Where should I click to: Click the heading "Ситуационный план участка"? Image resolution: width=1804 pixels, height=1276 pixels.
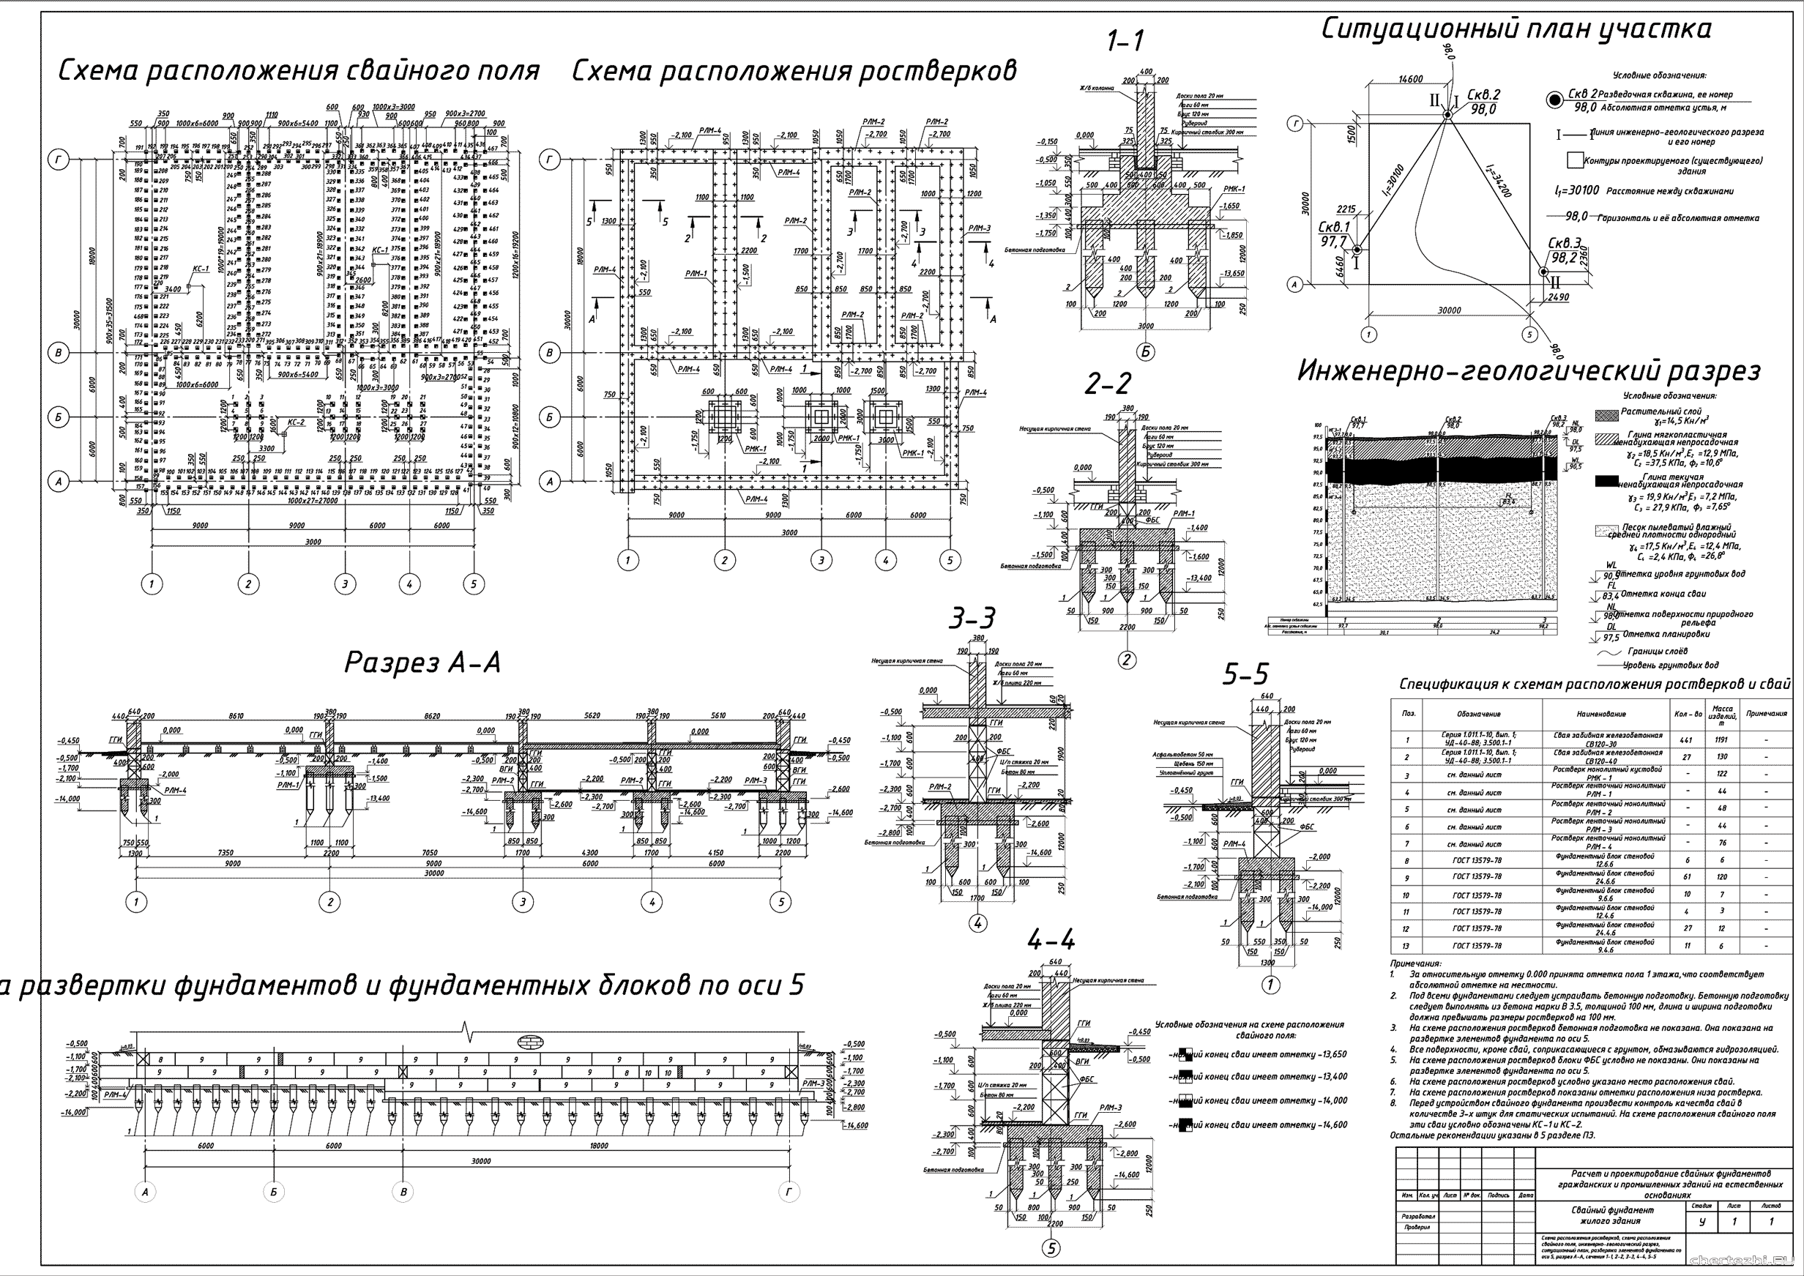(1516, 29)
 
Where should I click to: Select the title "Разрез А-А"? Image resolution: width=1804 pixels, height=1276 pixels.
(422, 663)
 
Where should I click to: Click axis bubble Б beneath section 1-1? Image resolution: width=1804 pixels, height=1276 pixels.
(1146, 352)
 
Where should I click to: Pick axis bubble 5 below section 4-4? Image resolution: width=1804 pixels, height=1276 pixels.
(1051, 1247)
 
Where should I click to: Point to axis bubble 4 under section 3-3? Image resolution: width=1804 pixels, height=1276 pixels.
(977, 924)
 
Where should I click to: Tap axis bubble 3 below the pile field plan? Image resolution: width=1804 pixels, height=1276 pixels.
(345, 583)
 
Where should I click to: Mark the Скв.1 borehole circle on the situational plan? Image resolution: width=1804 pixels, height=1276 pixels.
(1356, 250)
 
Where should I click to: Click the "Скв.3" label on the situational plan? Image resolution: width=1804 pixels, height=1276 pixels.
(1564, 243)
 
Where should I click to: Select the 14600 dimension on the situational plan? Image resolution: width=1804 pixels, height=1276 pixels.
(1410, 79)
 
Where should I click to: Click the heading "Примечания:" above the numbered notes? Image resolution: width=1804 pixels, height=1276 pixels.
(1415, 963)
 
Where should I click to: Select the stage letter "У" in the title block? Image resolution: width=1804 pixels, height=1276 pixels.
(1701, 1222)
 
